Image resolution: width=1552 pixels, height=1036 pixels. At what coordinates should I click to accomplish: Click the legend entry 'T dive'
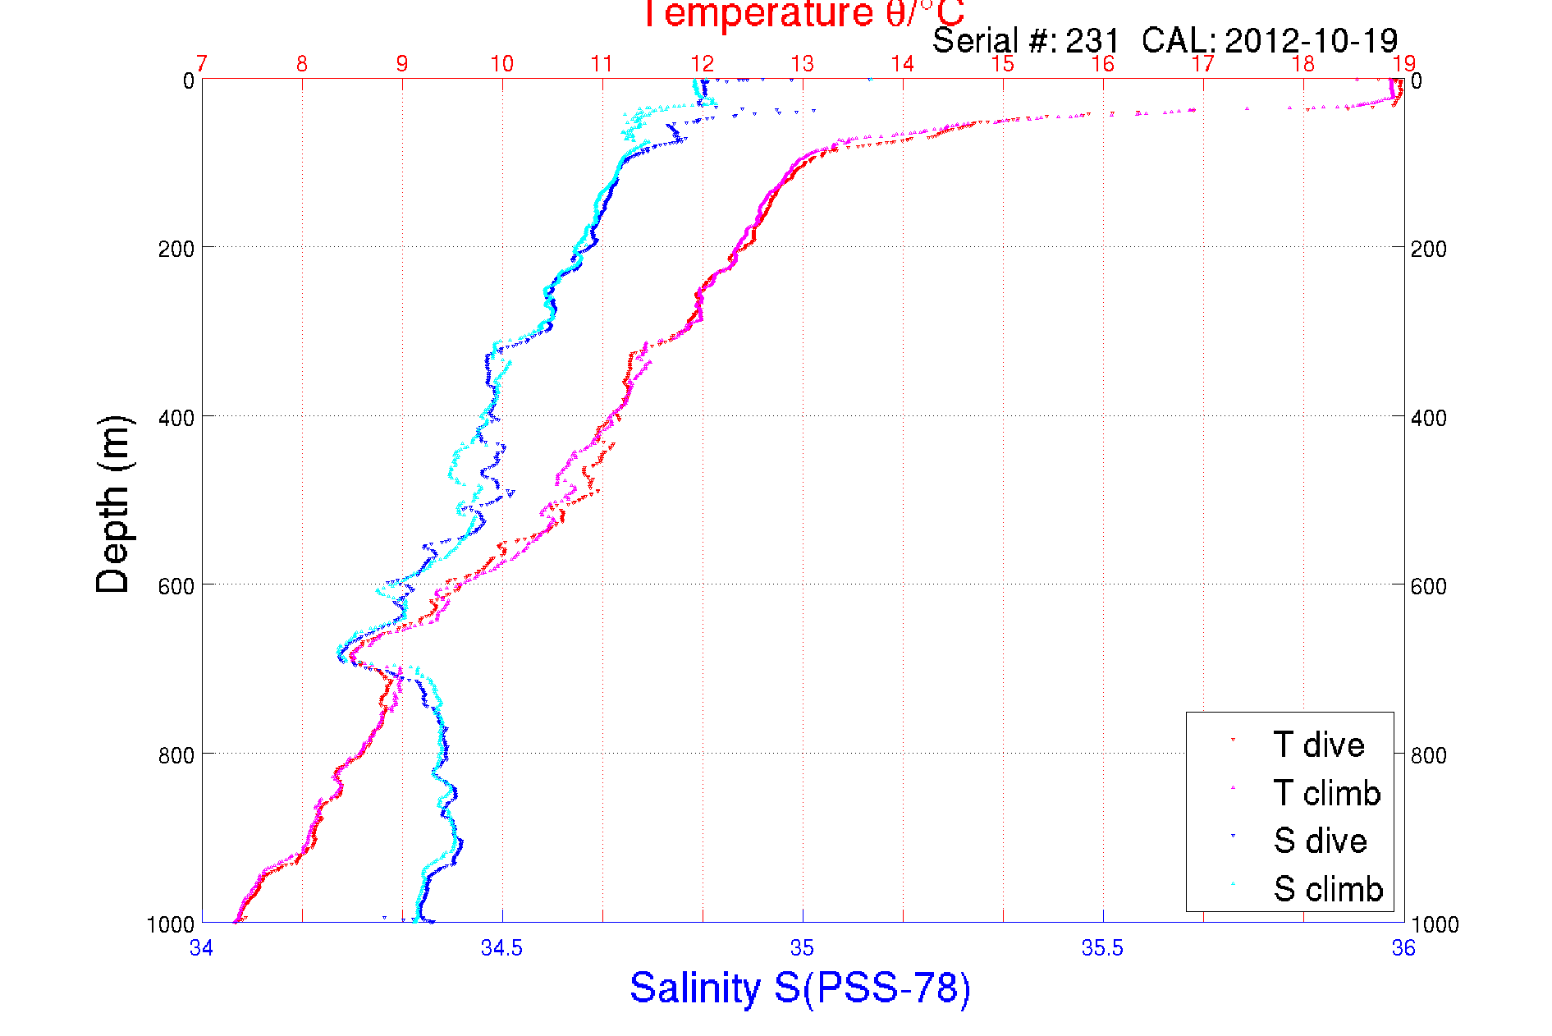(x=1318, y=745)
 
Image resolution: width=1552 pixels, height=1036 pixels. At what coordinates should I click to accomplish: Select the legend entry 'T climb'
(x=1326, y=793)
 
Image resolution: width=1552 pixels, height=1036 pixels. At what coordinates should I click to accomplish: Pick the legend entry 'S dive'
(x=1320, y=841)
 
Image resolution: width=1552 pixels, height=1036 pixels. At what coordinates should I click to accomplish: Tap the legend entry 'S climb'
(x=1328, y=889)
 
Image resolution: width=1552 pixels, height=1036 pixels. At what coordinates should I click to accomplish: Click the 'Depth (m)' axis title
(x=113, y=504)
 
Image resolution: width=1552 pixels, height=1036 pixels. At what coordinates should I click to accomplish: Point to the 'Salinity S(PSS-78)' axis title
(x=800, y=988)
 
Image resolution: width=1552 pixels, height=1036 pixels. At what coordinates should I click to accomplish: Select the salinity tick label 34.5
(x=501, y=948)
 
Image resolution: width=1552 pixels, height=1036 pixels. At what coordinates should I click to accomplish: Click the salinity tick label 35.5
(x=1102, y=948)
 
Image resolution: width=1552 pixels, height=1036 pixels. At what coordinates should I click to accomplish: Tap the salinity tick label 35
(x=802, y=948)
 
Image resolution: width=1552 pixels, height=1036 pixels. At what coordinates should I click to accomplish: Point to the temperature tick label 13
(x=802, y=64)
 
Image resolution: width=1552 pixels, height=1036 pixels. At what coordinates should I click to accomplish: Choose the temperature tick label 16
(x=1102, y=64)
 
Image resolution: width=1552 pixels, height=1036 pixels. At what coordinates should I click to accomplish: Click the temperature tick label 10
(x=501, y=64)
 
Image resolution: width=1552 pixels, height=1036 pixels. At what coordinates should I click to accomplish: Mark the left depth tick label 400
(x=176, y=418)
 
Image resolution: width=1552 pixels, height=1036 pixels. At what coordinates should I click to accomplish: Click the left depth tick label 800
(x=176, y=755)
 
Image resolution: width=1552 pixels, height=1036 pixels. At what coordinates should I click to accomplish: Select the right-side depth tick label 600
(x=1428, y=586)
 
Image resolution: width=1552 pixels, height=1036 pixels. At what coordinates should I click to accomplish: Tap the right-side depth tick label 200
(x=1428, y=249)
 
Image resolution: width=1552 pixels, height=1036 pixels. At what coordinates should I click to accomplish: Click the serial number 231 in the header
(x=1092, y=41)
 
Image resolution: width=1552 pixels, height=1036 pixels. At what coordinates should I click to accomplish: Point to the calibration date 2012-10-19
(x=1311, y=41)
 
